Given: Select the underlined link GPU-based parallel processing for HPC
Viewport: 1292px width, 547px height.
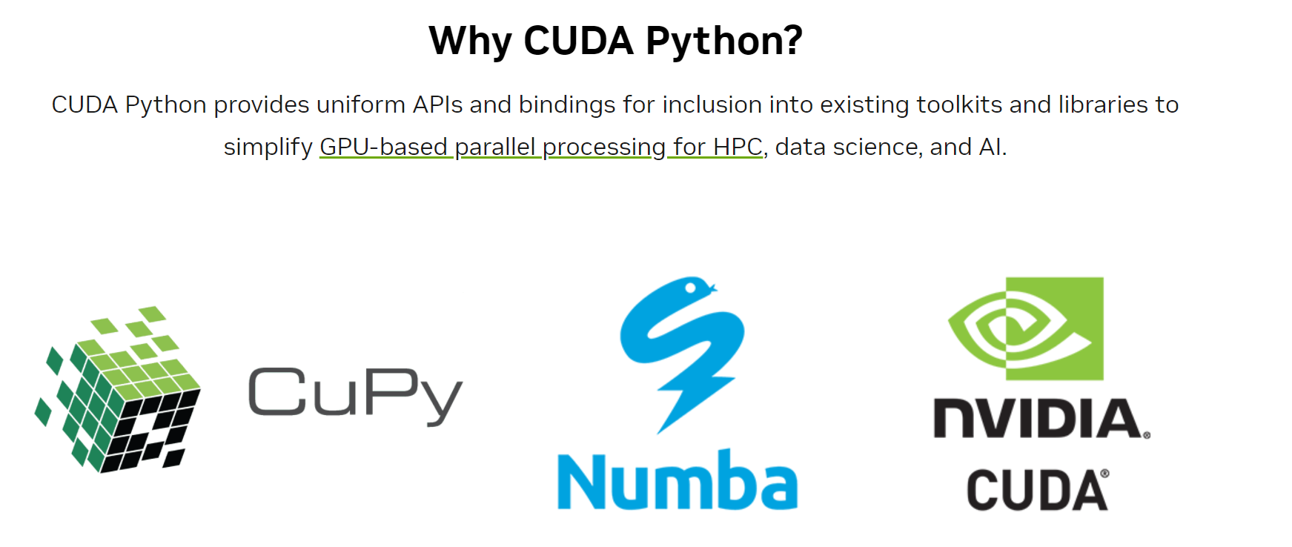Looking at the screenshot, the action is click(x=541, y=147).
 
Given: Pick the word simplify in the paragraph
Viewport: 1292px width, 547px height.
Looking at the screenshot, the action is click(x=268, y=147).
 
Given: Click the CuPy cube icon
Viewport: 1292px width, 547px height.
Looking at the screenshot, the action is click(x=117, y=389).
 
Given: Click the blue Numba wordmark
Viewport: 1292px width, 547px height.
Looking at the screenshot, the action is click(x=678, y=480).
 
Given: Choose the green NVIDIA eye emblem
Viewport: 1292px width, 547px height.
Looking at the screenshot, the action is click(x=1026, y=328).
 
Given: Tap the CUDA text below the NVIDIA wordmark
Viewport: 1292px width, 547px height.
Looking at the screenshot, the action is click(x=1036, y=490).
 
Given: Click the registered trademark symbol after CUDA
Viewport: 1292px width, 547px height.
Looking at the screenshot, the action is click(x=1104, y=474).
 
